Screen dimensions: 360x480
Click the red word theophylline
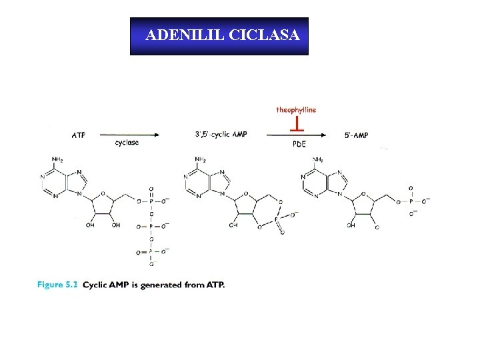click(x=296, y=110)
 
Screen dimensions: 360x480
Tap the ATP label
click(x=78, y=135)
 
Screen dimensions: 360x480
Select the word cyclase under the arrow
click(x=127, y=142)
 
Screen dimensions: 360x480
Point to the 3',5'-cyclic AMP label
click(x=221, y=135)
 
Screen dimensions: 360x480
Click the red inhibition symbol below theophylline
click(x=296, y=123)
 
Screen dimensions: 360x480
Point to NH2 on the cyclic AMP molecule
click(x=199, y=159)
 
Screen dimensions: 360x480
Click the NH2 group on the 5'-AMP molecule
click(x=317, y=159)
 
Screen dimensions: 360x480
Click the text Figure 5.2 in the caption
click(x=58, y=285)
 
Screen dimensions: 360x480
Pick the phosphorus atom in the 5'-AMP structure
click(x=411, y=199)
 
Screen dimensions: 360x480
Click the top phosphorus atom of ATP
click(x=151, y=199)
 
